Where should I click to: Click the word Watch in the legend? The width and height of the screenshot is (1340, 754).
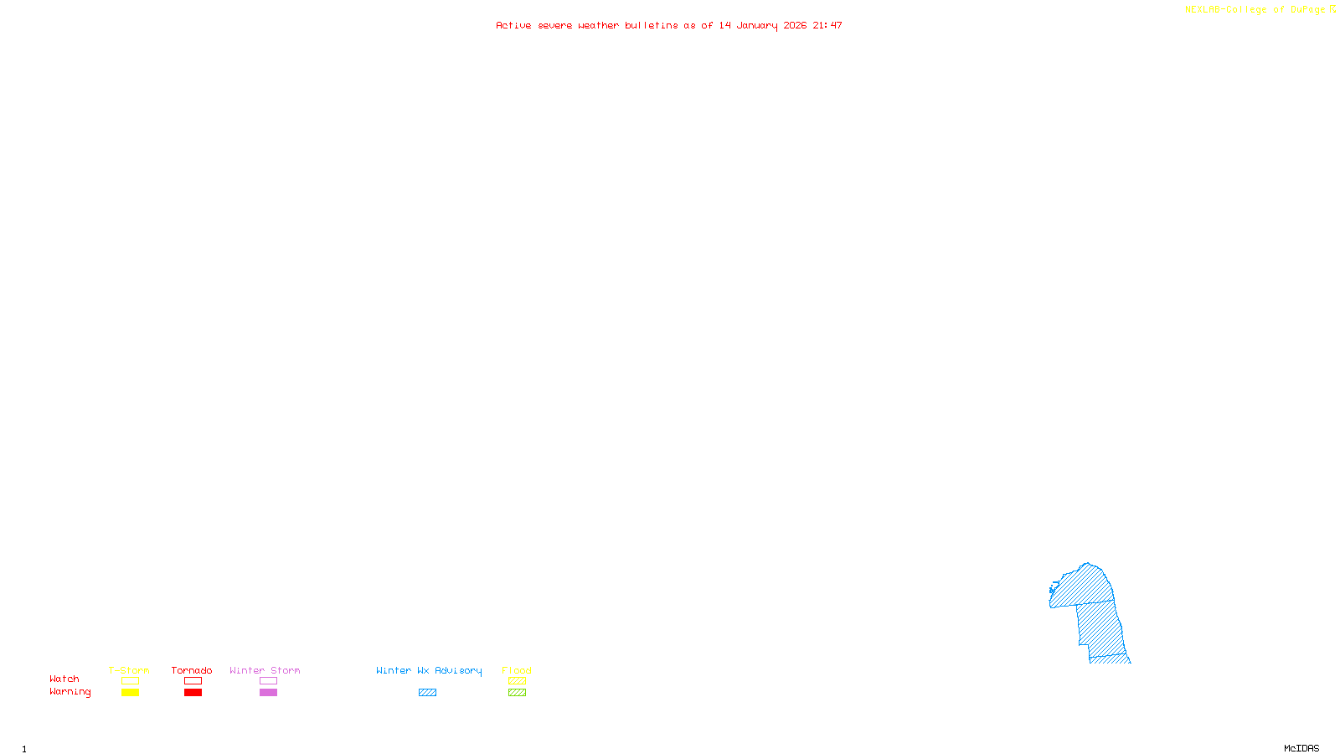[x=64, y=679]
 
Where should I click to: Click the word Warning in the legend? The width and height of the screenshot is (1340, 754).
[x=70, y=692]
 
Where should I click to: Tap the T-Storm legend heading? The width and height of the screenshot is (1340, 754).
[x=129, y=670]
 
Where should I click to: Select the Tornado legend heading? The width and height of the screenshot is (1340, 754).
[x=192, y=670]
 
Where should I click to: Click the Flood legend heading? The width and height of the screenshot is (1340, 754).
[x=517, y=670]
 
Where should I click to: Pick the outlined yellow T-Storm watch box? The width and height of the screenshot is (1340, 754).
[x=130, y=681]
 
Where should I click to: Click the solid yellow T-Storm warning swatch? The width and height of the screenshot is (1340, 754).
[x=130, y=693]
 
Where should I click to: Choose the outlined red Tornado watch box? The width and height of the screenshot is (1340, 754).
[x=193, y=681]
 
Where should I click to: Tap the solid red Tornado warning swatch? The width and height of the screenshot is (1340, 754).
[x=193, y=693]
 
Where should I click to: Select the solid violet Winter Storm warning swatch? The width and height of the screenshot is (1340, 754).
[x=268, y=693]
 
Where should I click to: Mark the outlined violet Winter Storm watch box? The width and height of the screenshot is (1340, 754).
[x=268, y=681]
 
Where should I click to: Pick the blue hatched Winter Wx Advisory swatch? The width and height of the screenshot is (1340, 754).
[x=427, y=693]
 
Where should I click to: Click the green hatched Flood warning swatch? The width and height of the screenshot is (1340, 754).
[x=518, y=693]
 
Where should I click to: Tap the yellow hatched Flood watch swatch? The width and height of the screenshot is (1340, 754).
[x=518, y=681]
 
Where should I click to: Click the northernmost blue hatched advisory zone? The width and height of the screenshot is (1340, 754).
[x=1085, y=586]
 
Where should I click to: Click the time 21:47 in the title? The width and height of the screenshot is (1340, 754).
[x=827, y=25]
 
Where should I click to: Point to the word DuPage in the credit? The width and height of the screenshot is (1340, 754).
[x=1307, y=10]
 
